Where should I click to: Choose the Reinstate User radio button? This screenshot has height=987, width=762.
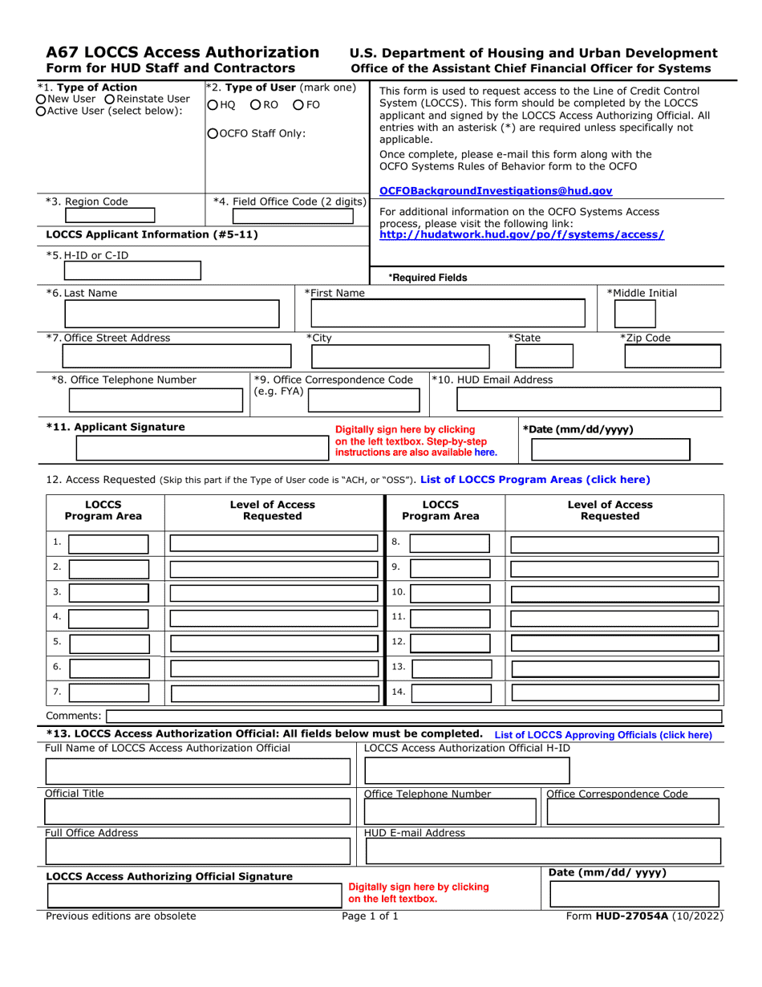tap(110, 99)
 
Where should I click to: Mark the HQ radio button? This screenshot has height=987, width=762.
tap(212, 105)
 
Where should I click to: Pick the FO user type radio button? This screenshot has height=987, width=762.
tap(298, 105)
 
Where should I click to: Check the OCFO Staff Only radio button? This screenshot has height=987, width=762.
tap(212, 134)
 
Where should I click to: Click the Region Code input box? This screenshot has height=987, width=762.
tap(109, 214)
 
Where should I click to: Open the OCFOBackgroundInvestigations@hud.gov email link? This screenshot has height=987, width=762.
tap(495, 191)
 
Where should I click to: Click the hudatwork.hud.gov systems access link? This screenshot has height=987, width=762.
tap(521, 234)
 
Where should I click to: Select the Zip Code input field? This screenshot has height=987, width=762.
tap(672, 356)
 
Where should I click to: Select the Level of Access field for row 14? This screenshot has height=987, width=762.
tap(617, 692)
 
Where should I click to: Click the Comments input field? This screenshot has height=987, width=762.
tap(414, 716)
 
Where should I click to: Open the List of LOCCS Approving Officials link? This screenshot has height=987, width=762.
tap(603, 734)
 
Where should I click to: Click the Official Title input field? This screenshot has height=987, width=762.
tap(198, 812)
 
